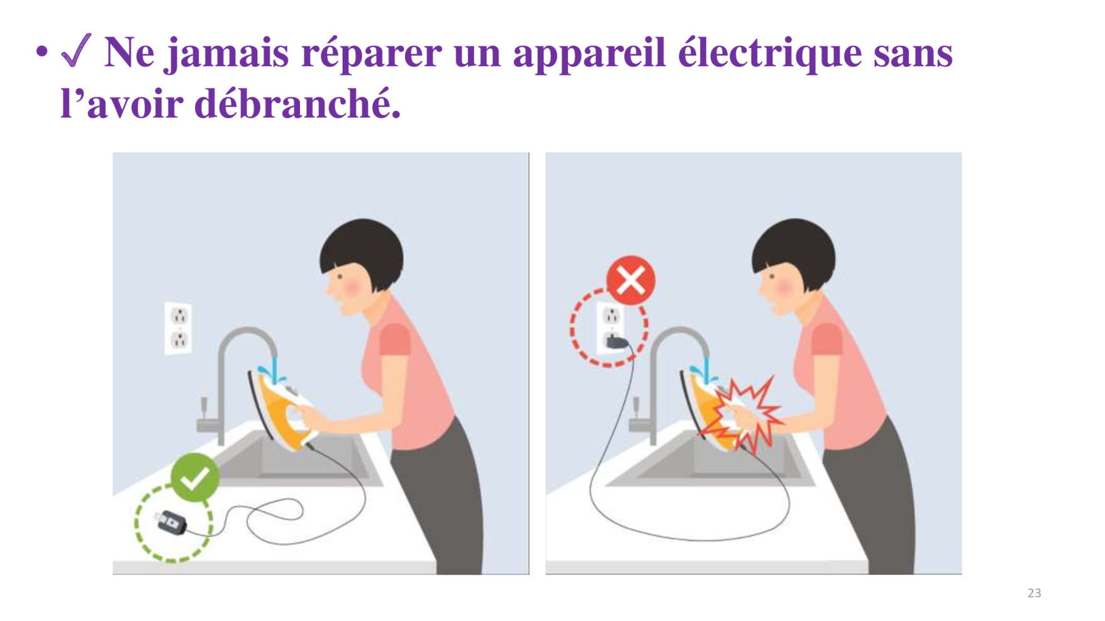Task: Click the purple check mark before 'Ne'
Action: click(77, 50)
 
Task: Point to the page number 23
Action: click(1034, 593)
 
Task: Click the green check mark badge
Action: click(195, 478)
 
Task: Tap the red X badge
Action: click(631, 280)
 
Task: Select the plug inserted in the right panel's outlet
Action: click(616, 343)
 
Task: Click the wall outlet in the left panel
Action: click(179, 328)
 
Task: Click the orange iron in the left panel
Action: click(282, 409)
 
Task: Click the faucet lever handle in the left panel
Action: click(204, 408)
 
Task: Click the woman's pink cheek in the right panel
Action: click(784, 287)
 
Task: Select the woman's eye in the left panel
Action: click(340, 276)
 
